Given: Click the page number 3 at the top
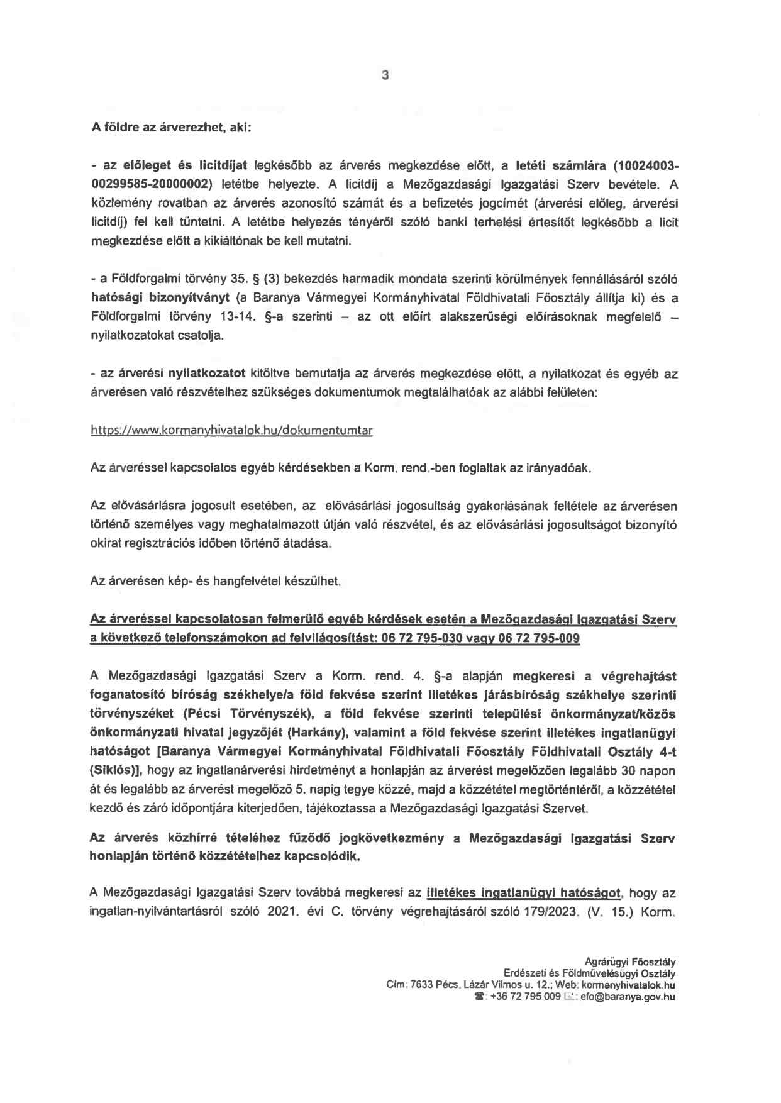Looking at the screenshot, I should pos(385,76).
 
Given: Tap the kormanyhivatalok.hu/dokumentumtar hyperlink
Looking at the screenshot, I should pos(232,431).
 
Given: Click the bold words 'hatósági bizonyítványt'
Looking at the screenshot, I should pos(161,298).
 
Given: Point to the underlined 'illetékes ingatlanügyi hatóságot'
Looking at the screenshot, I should pos(524,892).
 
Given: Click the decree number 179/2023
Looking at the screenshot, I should pos(546,911).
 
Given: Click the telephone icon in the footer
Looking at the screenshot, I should pos(480,997).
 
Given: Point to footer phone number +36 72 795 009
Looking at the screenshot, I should pos(525,997).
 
